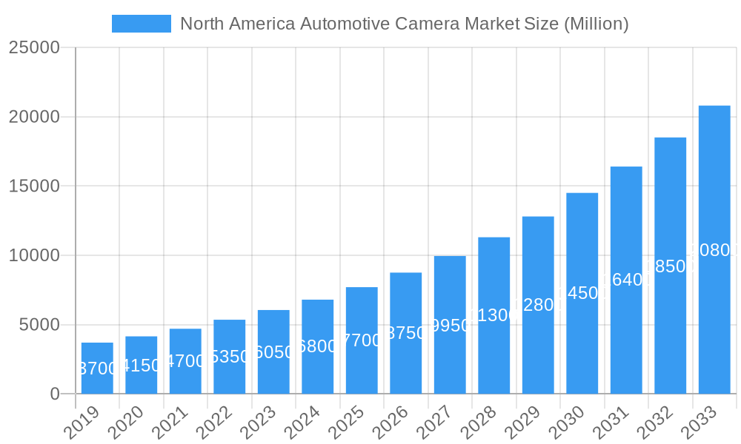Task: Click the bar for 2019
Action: (97, 368)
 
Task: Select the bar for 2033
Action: (714, 249)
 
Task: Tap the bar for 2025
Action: (362, 340)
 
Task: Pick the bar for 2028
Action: (494, 315)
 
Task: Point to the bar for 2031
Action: (626, 280)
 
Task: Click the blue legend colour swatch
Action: (142, 24)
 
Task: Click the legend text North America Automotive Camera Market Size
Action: (405, 24)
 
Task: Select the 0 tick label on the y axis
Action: (55, 394)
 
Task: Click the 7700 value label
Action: (362, 340)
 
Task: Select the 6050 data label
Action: (273, 352)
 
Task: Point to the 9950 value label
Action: (450, 326)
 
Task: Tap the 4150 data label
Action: (141, 366)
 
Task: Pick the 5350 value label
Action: (229, 357)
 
